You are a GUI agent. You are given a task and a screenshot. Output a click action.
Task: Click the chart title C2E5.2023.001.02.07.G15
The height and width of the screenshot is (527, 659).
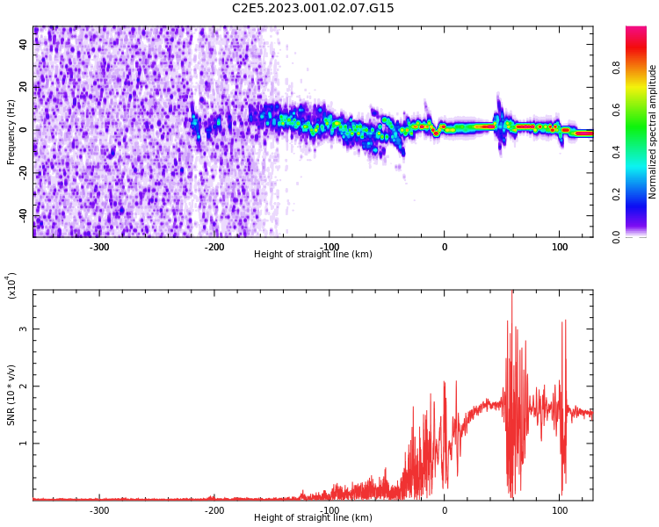[x=313, y=9]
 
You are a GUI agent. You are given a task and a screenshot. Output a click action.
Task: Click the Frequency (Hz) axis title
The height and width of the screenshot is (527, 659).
[x=11, y=132]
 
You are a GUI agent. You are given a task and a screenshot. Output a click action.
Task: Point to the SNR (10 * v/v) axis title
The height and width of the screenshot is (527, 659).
[x=11, y=395]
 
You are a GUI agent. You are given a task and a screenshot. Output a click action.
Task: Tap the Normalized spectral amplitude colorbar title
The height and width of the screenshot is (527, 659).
[x=653, y=132]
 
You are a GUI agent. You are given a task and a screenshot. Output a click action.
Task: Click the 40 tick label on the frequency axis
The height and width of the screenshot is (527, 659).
[x=24, y=45]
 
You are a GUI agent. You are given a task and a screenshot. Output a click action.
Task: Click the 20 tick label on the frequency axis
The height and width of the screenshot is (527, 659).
[x=24, y=88]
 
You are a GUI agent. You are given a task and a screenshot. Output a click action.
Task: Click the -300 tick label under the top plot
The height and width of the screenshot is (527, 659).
[x=99, y=247]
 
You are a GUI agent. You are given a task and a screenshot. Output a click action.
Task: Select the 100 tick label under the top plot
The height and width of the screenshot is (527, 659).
[x=559, y=247]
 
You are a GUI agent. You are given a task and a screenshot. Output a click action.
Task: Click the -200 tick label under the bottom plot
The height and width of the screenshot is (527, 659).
[x=214, y=510]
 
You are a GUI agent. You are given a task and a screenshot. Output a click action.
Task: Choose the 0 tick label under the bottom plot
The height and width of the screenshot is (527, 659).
[x=444, y=510]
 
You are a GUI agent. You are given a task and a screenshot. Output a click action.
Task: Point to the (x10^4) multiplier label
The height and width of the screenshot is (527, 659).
[x=11, y=286]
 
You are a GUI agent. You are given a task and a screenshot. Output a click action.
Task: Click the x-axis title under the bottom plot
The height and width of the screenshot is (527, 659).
[x=313, y=518]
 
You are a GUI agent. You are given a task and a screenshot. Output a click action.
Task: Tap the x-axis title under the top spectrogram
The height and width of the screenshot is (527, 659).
[x=313, y=255]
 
